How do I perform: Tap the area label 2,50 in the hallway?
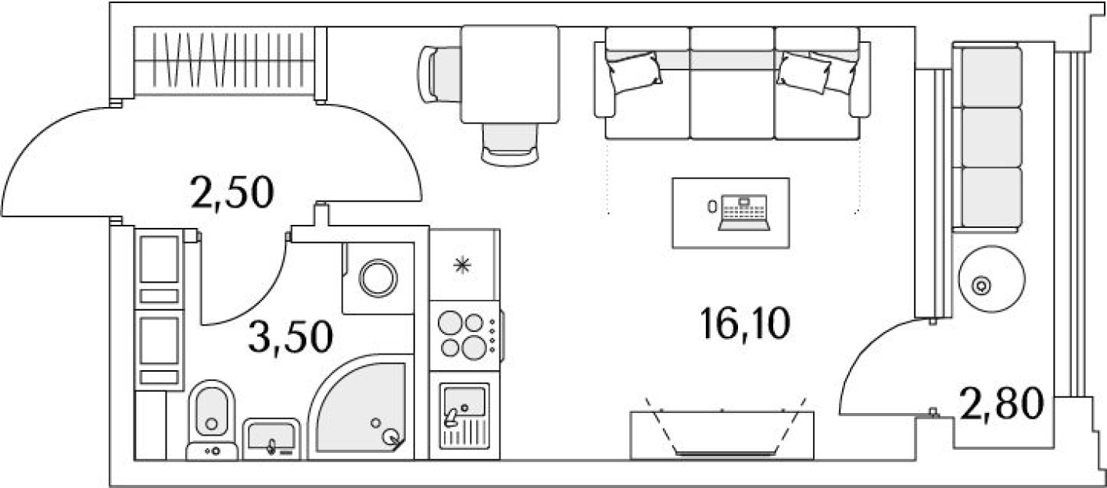[x=232, y=192]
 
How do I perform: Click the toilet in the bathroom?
[x=211, y=414]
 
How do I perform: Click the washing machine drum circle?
[x=378, y=277]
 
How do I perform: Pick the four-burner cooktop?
[x=463, y=334]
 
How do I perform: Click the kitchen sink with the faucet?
[x=464, y=414]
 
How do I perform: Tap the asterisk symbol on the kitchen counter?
[x=464, y=266]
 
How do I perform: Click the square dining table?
[x=511, y=74]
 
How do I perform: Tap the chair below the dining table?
[x=511, y=144]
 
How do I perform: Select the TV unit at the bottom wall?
[x=723, y=433]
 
